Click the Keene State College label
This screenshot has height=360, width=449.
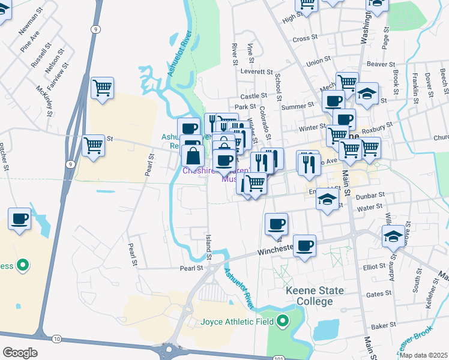pyautogui.click(x=306, y=296)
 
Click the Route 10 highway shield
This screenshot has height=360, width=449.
pyautogui.click(x=56, y=339)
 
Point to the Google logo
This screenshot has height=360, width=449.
pyautogui.click(x=20, y=353)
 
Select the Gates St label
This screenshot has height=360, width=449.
pyautogui.click(x=379, y=294)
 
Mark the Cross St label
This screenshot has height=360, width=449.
pyautogui.click(x=305, y=38)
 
